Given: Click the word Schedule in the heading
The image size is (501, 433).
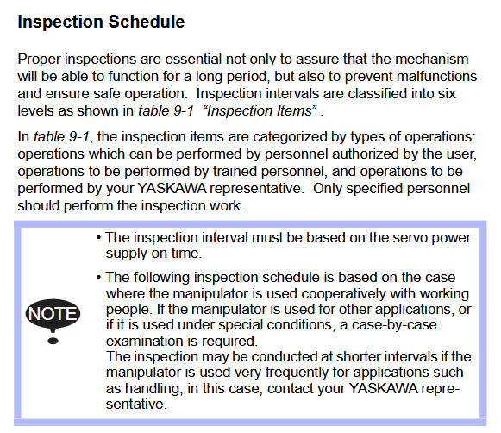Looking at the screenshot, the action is click(x=147, y=22).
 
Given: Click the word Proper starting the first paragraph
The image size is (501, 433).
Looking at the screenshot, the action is click(x=40, y=60).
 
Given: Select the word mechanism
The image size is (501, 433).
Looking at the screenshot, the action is click(x=432, y=60).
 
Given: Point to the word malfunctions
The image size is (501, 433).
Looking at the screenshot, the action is click(x=436, y=77).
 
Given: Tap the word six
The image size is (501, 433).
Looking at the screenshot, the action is click(x=447, y=94).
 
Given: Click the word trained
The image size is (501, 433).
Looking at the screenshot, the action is click(x=235, y=172).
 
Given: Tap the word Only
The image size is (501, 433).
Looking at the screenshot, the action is click(x=328, y=189).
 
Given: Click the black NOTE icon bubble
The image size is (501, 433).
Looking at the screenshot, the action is click(x=53, y=315).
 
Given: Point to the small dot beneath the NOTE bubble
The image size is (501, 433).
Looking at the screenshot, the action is click(x=53, y=341).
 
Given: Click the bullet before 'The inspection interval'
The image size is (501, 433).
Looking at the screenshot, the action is click(x=98, y=238).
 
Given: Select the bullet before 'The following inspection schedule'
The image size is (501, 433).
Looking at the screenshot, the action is click(x=98, y=278).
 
